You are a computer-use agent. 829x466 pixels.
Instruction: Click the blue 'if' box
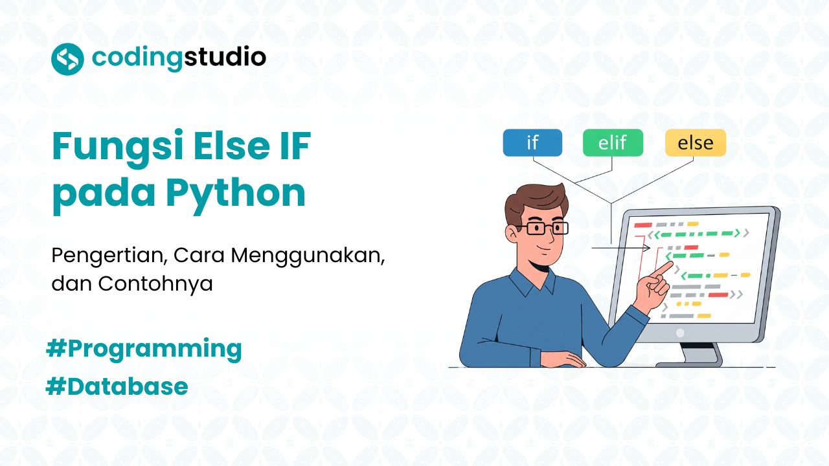pos(532,143)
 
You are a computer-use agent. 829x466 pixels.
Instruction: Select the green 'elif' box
pos(613,143)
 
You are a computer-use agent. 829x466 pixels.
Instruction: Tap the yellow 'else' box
pos(695,143)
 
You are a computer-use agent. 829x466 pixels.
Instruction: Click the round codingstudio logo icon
pos(67,59)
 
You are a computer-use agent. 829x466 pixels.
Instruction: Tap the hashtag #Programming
pos(144,349)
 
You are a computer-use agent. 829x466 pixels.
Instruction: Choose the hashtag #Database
pos(117,386)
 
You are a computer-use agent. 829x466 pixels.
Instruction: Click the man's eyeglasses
pos(547,228)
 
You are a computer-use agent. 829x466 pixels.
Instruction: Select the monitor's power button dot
pos(680,333)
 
